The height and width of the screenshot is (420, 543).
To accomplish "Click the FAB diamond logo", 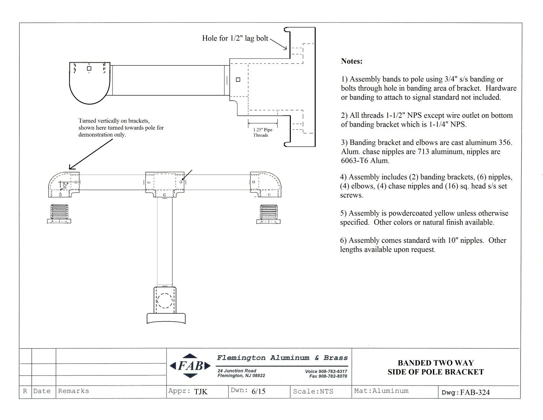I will (190, 366).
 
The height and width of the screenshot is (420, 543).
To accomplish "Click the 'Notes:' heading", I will (351, 61).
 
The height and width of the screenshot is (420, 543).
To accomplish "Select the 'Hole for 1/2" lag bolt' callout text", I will (235, 38).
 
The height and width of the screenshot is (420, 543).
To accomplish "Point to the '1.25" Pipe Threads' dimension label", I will (262, 132).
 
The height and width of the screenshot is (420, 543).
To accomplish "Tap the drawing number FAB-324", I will (475, 392).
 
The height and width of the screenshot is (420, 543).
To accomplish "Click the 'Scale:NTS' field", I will (313, 391).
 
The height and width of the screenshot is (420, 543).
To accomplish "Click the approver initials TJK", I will (200, 392).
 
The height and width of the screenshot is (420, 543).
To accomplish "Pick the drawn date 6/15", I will (258, 391).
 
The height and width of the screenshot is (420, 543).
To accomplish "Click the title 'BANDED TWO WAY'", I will (436, 363).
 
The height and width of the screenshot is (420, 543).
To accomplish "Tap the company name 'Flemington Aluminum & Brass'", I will (282, 358).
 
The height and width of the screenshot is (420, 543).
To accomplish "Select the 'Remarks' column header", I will (74, 391).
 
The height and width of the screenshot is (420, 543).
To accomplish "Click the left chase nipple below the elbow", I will (59, 214).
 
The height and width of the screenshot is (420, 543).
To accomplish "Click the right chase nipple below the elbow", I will (268, 214).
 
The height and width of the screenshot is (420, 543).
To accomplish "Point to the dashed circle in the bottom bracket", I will (165, 301).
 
